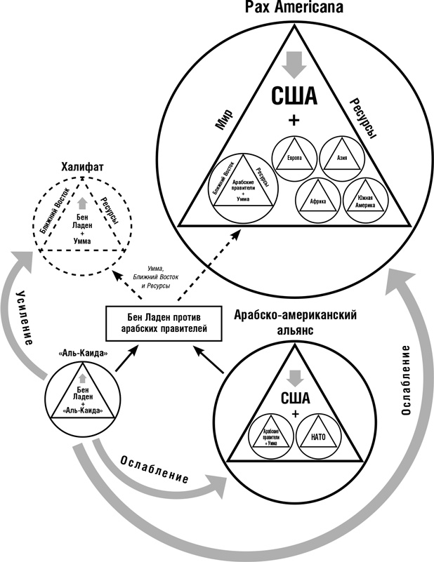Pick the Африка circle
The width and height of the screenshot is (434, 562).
317,200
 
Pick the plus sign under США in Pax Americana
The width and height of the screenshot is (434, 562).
294,121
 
